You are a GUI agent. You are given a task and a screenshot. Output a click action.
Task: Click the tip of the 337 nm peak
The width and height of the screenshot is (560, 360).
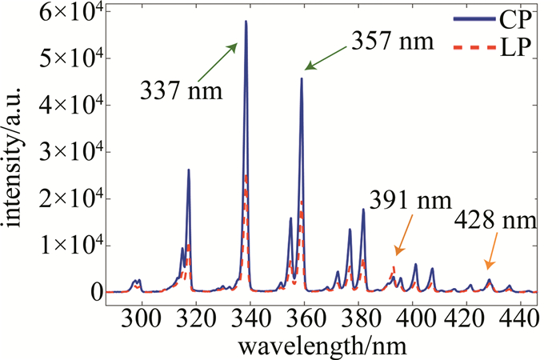[x=246, y=22]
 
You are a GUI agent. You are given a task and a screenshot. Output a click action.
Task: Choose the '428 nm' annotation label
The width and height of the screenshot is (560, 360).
[x=494, y=221]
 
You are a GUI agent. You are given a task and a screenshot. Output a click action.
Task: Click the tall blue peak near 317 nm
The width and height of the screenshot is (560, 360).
[x=189, y=170]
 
